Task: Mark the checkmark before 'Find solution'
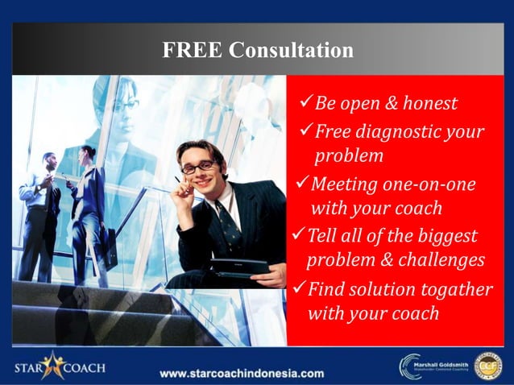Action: tap(297, 288)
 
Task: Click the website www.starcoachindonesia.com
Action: tap(242, 373)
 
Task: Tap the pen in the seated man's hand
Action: tap(179, 182)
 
